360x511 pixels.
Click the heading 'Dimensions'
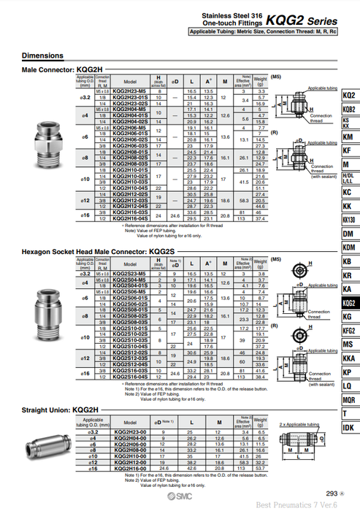click(x=42, y=55)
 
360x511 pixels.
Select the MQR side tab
click(x=349, y=399)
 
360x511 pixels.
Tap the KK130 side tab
click(x=349, y=219)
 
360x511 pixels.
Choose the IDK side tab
click(x=349, y=427)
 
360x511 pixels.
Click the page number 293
click(x=330, y=493)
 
